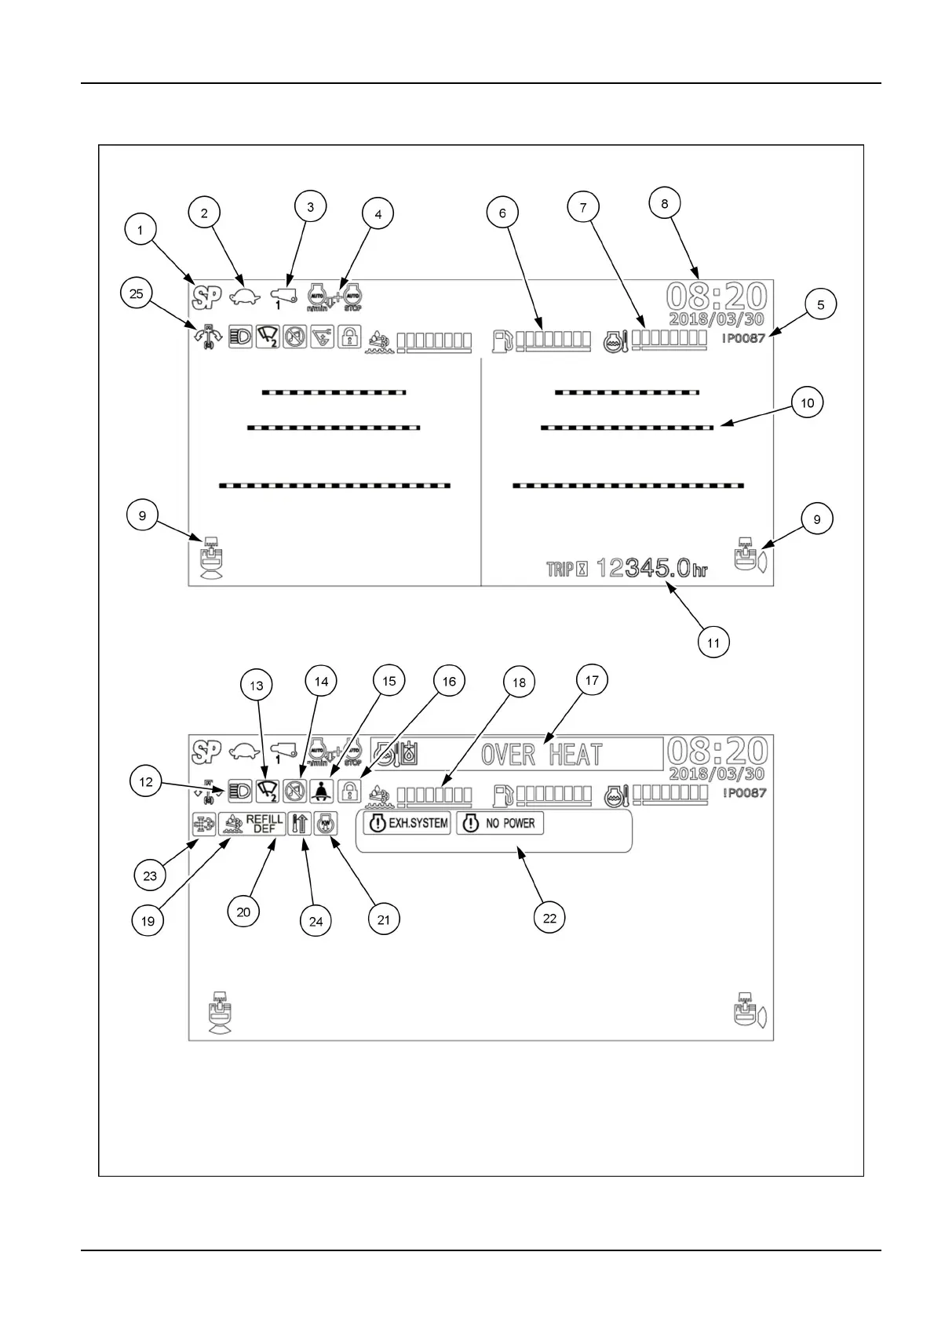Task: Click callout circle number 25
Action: point(137,293)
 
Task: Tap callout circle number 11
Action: point(713,643)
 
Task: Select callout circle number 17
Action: point(592,680)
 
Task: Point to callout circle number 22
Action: point(549,917)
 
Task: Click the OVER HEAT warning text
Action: point(541,755)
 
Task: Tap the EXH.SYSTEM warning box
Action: point(407,824)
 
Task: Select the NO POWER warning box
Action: point(500,824)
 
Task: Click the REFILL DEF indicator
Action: point(252,824)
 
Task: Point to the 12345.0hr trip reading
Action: point(651,568)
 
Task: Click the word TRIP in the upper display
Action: point(560,570)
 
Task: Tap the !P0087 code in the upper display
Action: point(743,338)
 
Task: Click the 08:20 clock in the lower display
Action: point(716,751)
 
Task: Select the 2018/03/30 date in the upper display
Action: point(716,319)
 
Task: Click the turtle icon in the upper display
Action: point(244,297)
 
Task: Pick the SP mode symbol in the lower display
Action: point(206,751)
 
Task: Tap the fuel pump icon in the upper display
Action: point(502,340)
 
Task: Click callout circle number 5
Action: point(820,304)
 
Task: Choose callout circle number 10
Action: point(807,403)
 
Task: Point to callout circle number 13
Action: point(257,686)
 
